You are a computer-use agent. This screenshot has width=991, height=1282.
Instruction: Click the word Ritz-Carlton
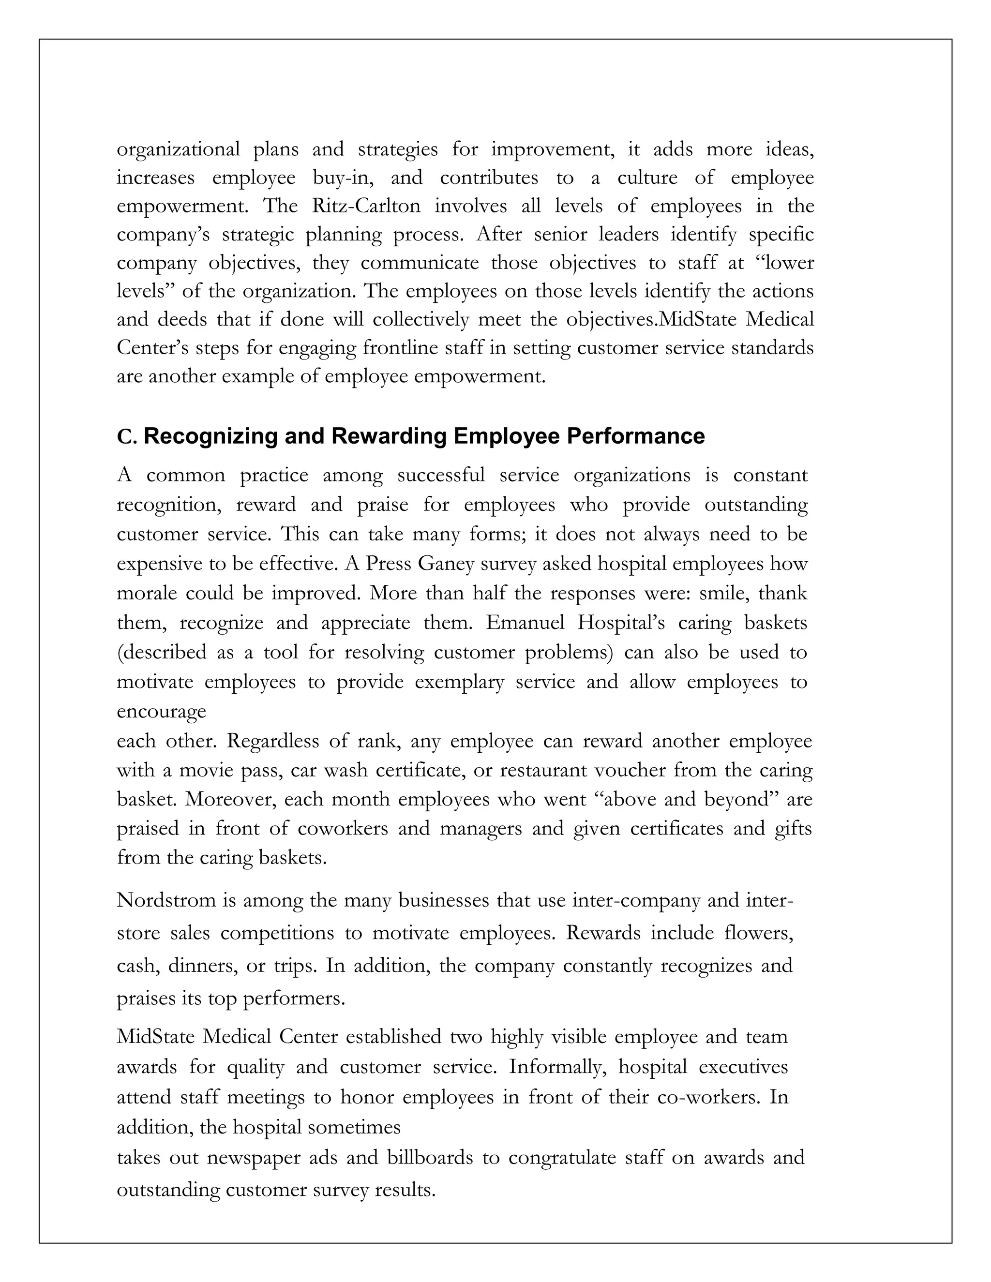(x=366, y=206)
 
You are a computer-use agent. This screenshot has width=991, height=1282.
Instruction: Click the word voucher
(x=630, y=770)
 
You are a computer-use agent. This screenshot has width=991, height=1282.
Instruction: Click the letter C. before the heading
(x=126, y=437)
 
